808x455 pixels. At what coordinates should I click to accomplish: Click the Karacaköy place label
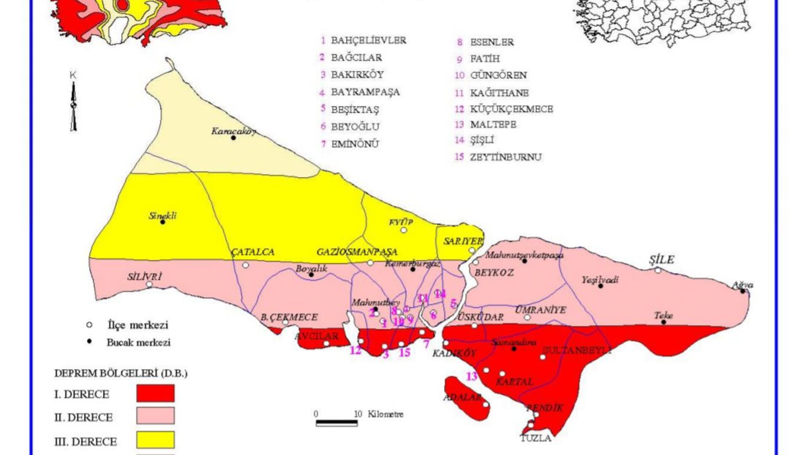233,131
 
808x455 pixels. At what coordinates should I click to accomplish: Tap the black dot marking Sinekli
162,222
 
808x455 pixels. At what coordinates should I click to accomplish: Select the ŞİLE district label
661,260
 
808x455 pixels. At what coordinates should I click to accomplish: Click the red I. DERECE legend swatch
155,393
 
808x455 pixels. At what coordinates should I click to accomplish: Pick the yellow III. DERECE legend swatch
155,439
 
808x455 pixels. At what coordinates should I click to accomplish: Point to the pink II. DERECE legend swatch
155,415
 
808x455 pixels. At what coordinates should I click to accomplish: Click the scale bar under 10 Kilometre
337,423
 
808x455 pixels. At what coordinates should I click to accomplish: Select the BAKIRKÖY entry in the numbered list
357,75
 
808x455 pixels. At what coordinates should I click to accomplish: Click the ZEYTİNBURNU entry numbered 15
505,157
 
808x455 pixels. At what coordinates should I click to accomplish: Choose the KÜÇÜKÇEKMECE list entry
511,109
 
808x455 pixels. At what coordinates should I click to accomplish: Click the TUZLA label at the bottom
536,438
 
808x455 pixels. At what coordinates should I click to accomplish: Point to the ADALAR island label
462,397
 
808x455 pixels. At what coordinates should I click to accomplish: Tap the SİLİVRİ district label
144,277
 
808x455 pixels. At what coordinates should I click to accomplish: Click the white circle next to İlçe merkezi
89,325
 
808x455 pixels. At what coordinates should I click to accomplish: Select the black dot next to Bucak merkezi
89,342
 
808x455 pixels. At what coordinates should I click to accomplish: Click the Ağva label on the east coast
742,285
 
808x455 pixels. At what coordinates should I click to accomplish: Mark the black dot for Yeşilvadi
601,286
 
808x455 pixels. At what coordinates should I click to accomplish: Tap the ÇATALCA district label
252,252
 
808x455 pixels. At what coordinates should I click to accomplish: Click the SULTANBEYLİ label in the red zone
576,350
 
